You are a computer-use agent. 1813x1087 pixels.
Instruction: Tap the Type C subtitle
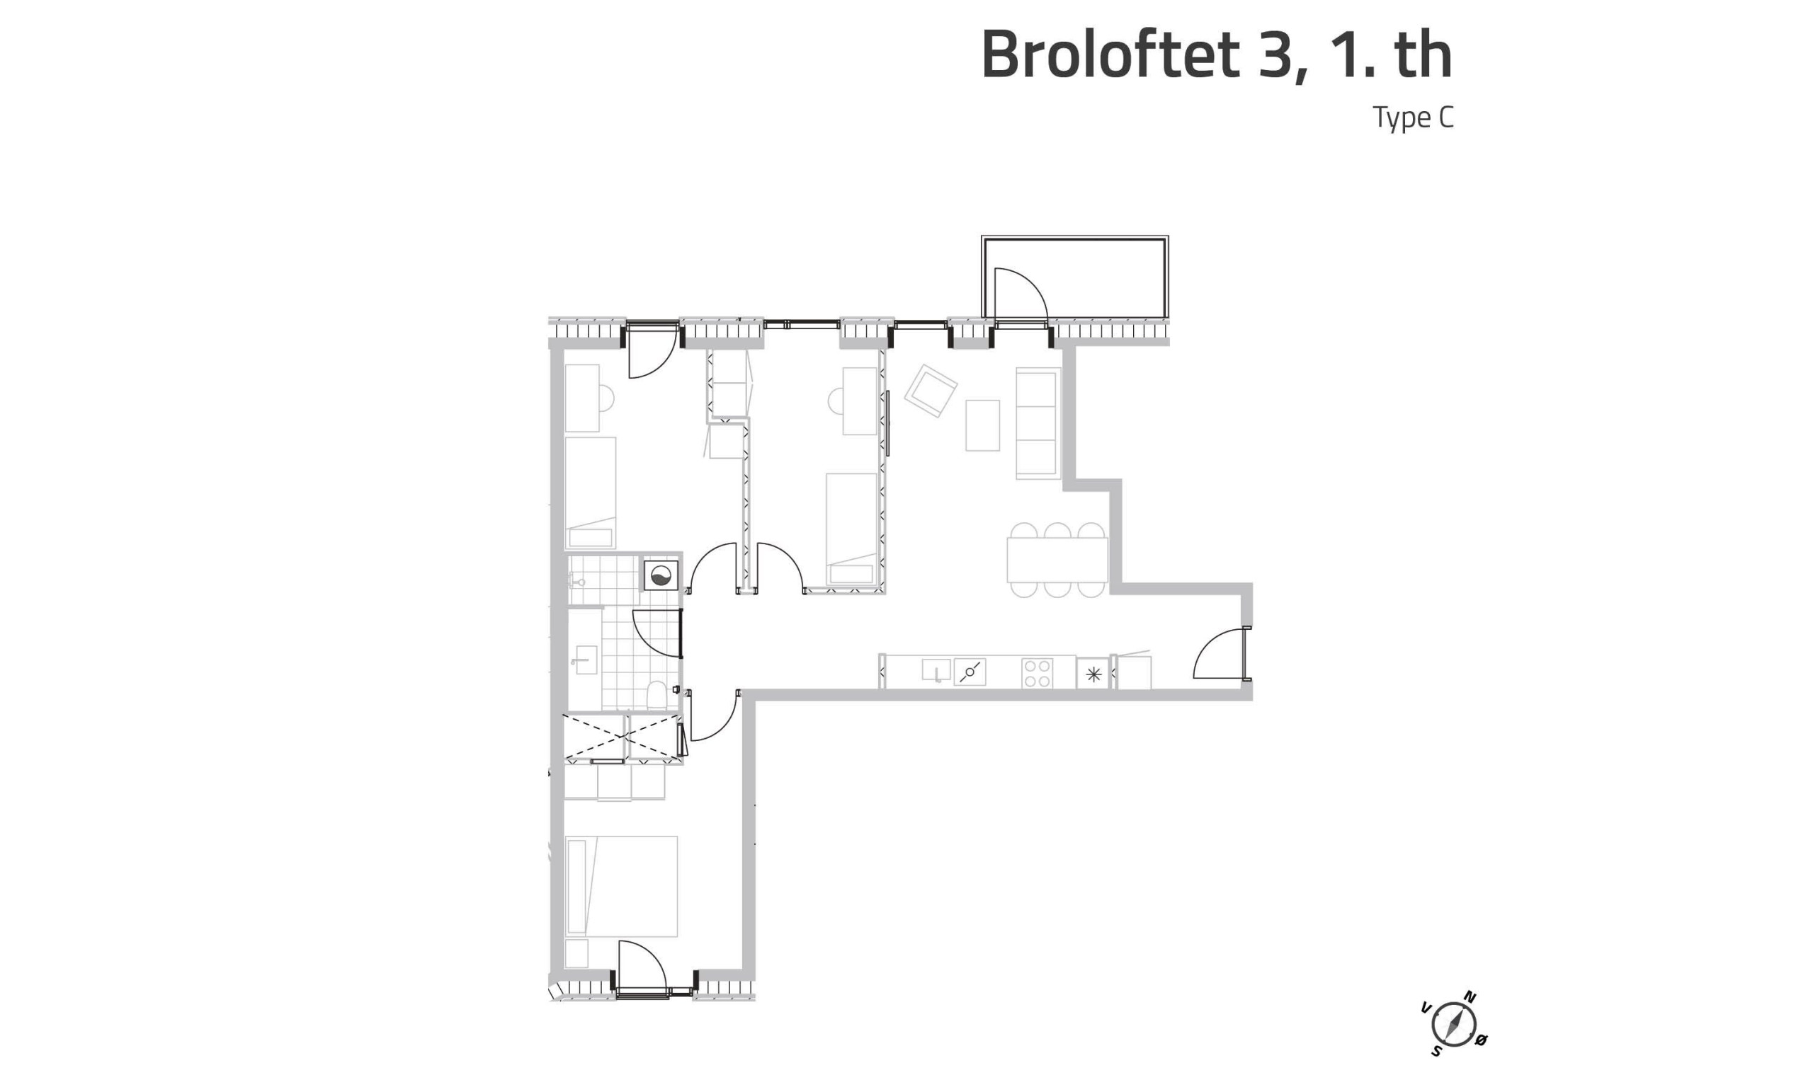pyautogui.click(x=1413, y=118)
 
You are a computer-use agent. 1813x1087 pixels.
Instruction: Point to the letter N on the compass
pyautogui.click(x=1470, y=996)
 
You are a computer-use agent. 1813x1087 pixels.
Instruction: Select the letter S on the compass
pyautogui.click(x=1436, y=1051)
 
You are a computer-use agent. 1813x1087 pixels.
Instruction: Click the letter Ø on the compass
pyautogui.click(x=1480, y=1040)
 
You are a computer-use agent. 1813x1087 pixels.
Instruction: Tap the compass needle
pyautogui.click(x=1453, y=1024)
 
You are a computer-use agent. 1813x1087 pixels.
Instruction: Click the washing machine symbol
pyautogui.click(x=660, y=576)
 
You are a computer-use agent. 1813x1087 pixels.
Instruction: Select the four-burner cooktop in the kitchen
pyautogui.click(x=1037, y=673)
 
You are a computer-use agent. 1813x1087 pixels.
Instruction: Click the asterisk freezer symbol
pyautogui.click(x=1093, y=674)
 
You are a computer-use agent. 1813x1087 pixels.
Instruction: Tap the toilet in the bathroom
pyautogui.click(x=657, y=696)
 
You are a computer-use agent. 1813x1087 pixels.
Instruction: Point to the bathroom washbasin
pyautogui.click(x=584, y=660)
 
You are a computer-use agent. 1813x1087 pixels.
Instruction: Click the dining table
pyautogui.click(x=1057, y=560)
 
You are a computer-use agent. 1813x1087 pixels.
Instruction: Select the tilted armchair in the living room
pyautogui.click(x=930, y=391)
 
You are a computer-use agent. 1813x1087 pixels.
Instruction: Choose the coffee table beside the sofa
pyautogui.click(x=982, y=425)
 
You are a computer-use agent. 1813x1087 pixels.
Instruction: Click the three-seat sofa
pyautogui.click(x=1038, y=423)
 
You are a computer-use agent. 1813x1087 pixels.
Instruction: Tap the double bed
pyautogui.click(x=621, y=887)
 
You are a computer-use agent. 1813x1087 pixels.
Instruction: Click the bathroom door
pyautogui.click(x=657, y=633)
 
